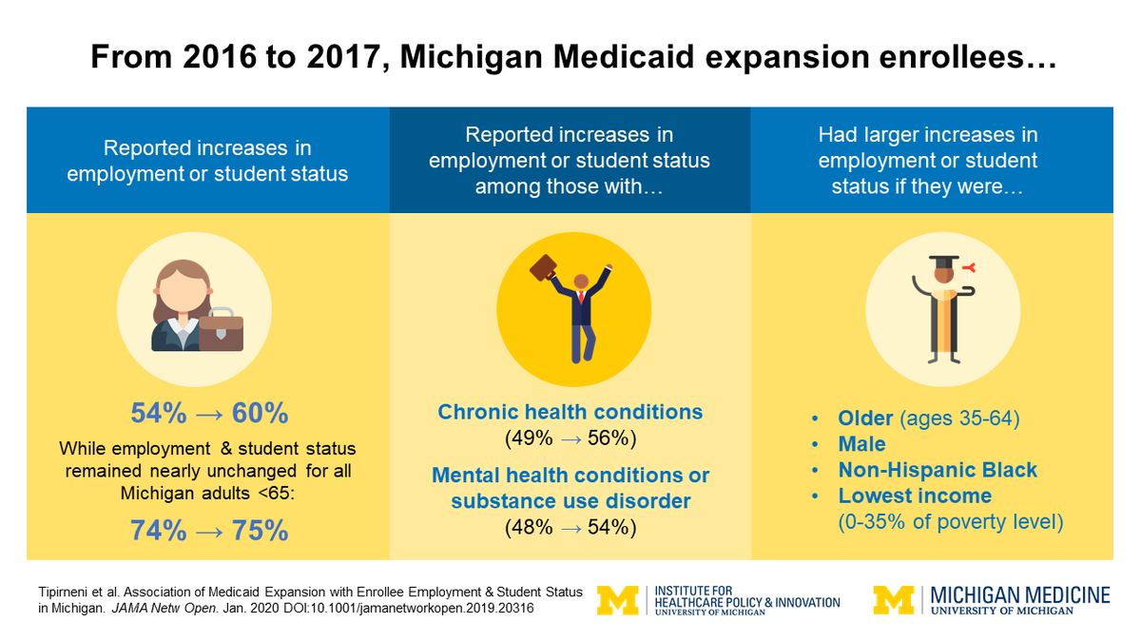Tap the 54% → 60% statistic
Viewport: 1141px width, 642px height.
click(x=208, y=414)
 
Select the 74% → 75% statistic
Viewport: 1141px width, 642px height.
click(x=208, y=531)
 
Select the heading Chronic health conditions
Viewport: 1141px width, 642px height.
click(x=570, y=413)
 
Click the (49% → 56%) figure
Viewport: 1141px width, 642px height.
click(x=570, y=438)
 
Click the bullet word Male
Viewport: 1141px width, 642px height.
click(x=861, y=444)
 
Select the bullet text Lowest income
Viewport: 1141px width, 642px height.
click(x=915, y=496)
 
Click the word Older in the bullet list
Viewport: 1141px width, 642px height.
click(x=866, y=418)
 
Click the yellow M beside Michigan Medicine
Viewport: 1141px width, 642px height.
click(x=893, y=600)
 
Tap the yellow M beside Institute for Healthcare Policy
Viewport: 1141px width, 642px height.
click(x=617, y=600)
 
